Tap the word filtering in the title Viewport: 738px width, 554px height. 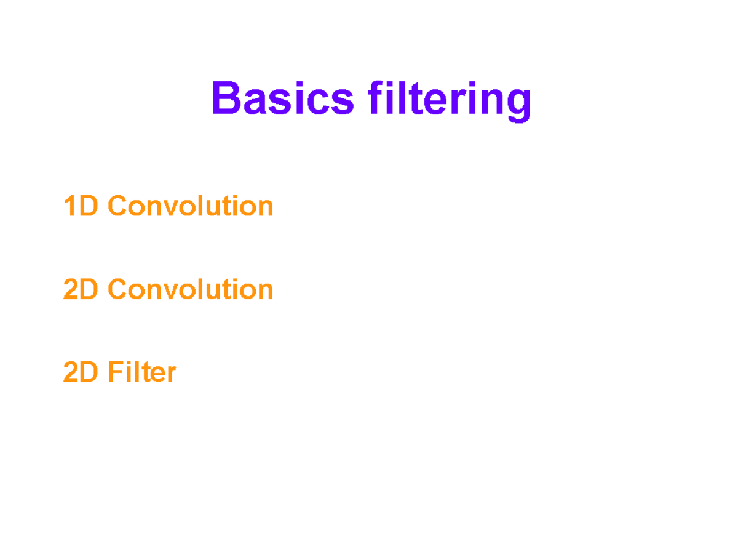[450, 100]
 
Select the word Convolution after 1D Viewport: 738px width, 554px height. [191, 206]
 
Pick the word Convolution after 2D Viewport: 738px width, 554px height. [191, 289]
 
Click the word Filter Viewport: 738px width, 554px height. [142, 372]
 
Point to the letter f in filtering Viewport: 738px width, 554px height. [376, 98]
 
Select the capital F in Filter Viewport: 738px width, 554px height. [115, 372]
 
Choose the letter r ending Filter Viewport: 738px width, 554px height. [172, 374]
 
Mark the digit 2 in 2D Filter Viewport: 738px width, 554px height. [71, 372]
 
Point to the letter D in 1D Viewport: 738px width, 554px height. [89, 206]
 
